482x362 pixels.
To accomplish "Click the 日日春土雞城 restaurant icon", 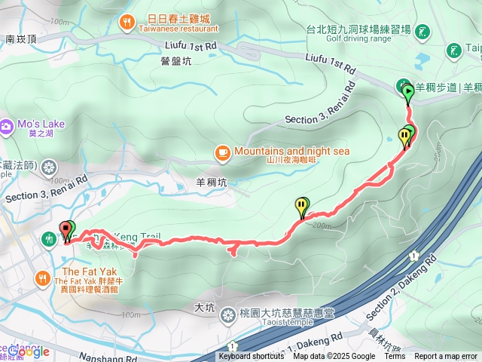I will tap(127, 22).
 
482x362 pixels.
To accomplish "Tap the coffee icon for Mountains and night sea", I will tap(222, 152).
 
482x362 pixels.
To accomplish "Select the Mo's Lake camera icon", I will tap(6, 124).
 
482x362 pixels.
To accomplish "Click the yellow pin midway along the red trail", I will tap(302, 205).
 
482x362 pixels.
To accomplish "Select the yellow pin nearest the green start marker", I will tap(405, 137).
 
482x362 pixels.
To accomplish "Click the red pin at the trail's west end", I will tap(65, 230).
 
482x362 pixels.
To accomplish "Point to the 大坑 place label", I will tap(204, 308).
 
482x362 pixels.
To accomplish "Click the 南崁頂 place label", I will tap(20, 38).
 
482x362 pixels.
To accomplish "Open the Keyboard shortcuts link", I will tap(252, 357).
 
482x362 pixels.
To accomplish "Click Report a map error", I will tap(446, 357).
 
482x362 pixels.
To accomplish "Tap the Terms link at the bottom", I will tap(395, 357).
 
